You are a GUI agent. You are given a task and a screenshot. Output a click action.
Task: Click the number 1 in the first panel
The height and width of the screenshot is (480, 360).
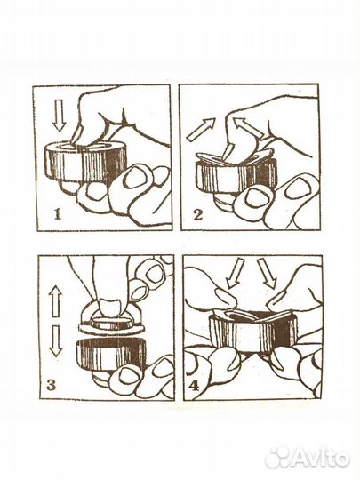tap(58, 214)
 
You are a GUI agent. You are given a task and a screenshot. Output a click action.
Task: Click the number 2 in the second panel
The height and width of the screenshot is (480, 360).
tap(197, 214)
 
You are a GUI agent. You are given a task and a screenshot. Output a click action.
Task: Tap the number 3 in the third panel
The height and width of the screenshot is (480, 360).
tap(51, 385)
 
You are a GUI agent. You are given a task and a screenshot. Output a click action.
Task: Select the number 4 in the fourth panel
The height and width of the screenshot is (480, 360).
tap(194, 386)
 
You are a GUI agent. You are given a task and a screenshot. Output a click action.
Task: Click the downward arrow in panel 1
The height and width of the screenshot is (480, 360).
tap(59, 116)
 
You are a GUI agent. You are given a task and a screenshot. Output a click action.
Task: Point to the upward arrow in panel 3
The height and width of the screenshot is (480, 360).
tap(55, 300)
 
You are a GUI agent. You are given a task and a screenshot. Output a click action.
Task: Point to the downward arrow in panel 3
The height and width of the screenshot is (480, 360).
tap(56, 340)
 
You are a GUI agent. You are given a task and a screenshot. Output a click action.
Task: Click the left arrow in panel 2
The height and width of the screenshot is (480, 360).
tap(201, 130)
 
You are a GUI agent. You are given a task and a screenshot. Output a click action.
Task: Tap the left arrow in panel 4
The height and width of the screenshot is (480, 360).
tap(234, 273)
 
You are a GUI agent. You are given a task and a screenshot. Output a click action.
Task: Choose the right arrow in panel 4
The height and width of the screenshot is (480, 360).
tap(267, 273)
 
